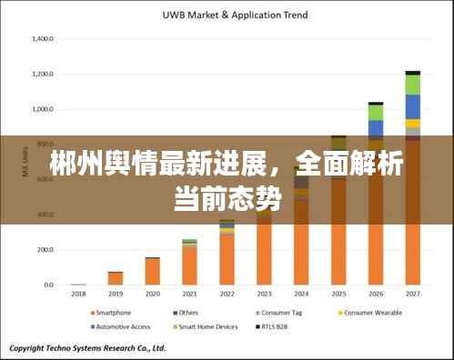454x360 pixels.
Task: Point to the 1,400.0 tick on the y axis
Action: (43, 39)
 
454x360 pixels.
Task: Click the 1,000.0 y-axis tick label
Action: (43, 109)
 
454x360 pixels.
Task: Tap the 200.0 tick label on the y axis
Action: (45, 250)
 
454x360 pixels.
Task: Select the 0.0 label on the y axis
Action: (48, 285)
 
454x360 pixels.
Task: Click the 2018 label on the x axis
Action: (78, 294)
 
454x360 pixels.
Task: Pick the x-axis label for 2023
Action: (264, 294)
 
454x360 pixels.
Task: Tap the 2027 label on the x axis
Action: (412, 294)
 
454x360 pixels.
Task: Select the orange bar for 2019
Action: (116, 278)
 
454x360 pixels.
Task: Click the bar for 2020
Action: (153, 271)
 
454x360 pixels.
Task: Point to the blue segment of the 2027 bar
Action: (412, 106)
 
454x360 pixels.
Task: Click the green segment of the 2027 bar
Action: (412, 85)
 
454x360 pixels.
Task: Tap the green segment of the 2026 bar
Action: (375, 112)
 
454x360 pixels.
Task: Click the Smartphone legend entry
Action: (113, 312)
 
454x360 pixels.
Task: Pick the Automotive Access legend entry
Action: (121, 325)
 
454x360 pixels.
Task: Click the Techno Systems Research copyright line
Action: (87, 347)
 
